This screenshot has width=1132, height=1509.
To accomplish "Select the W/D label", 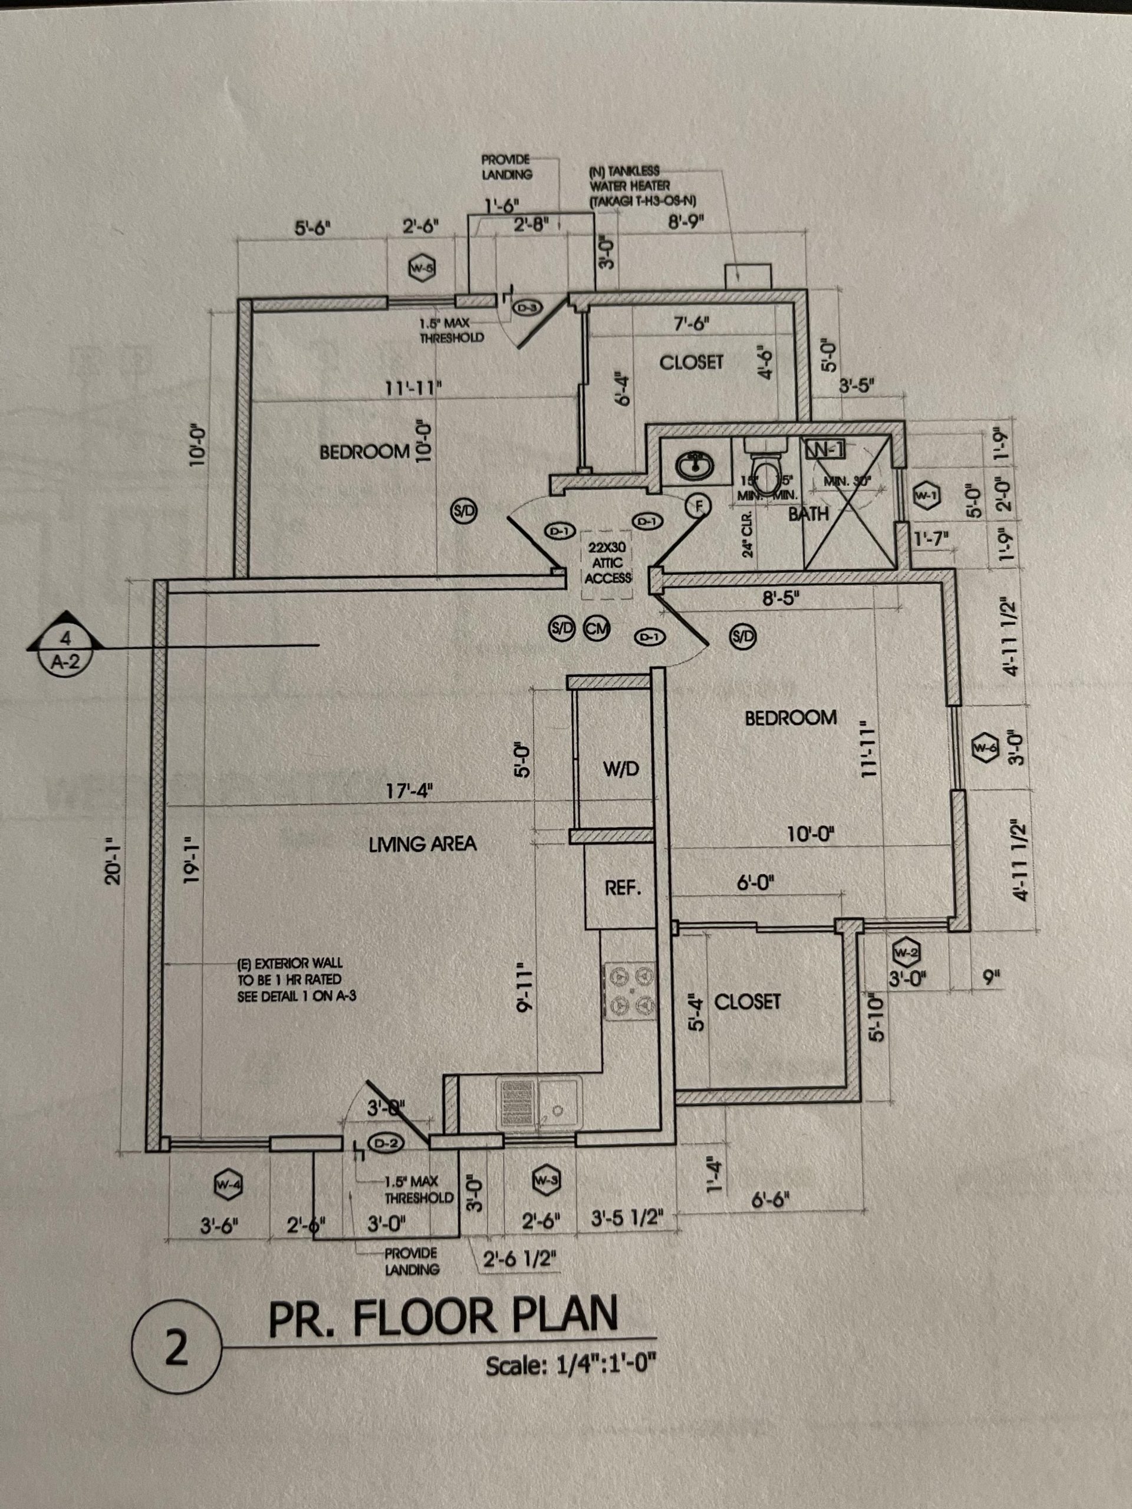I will (621, 769).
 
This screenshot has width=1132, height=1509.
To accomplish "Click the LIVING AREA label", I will (422, 845).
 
